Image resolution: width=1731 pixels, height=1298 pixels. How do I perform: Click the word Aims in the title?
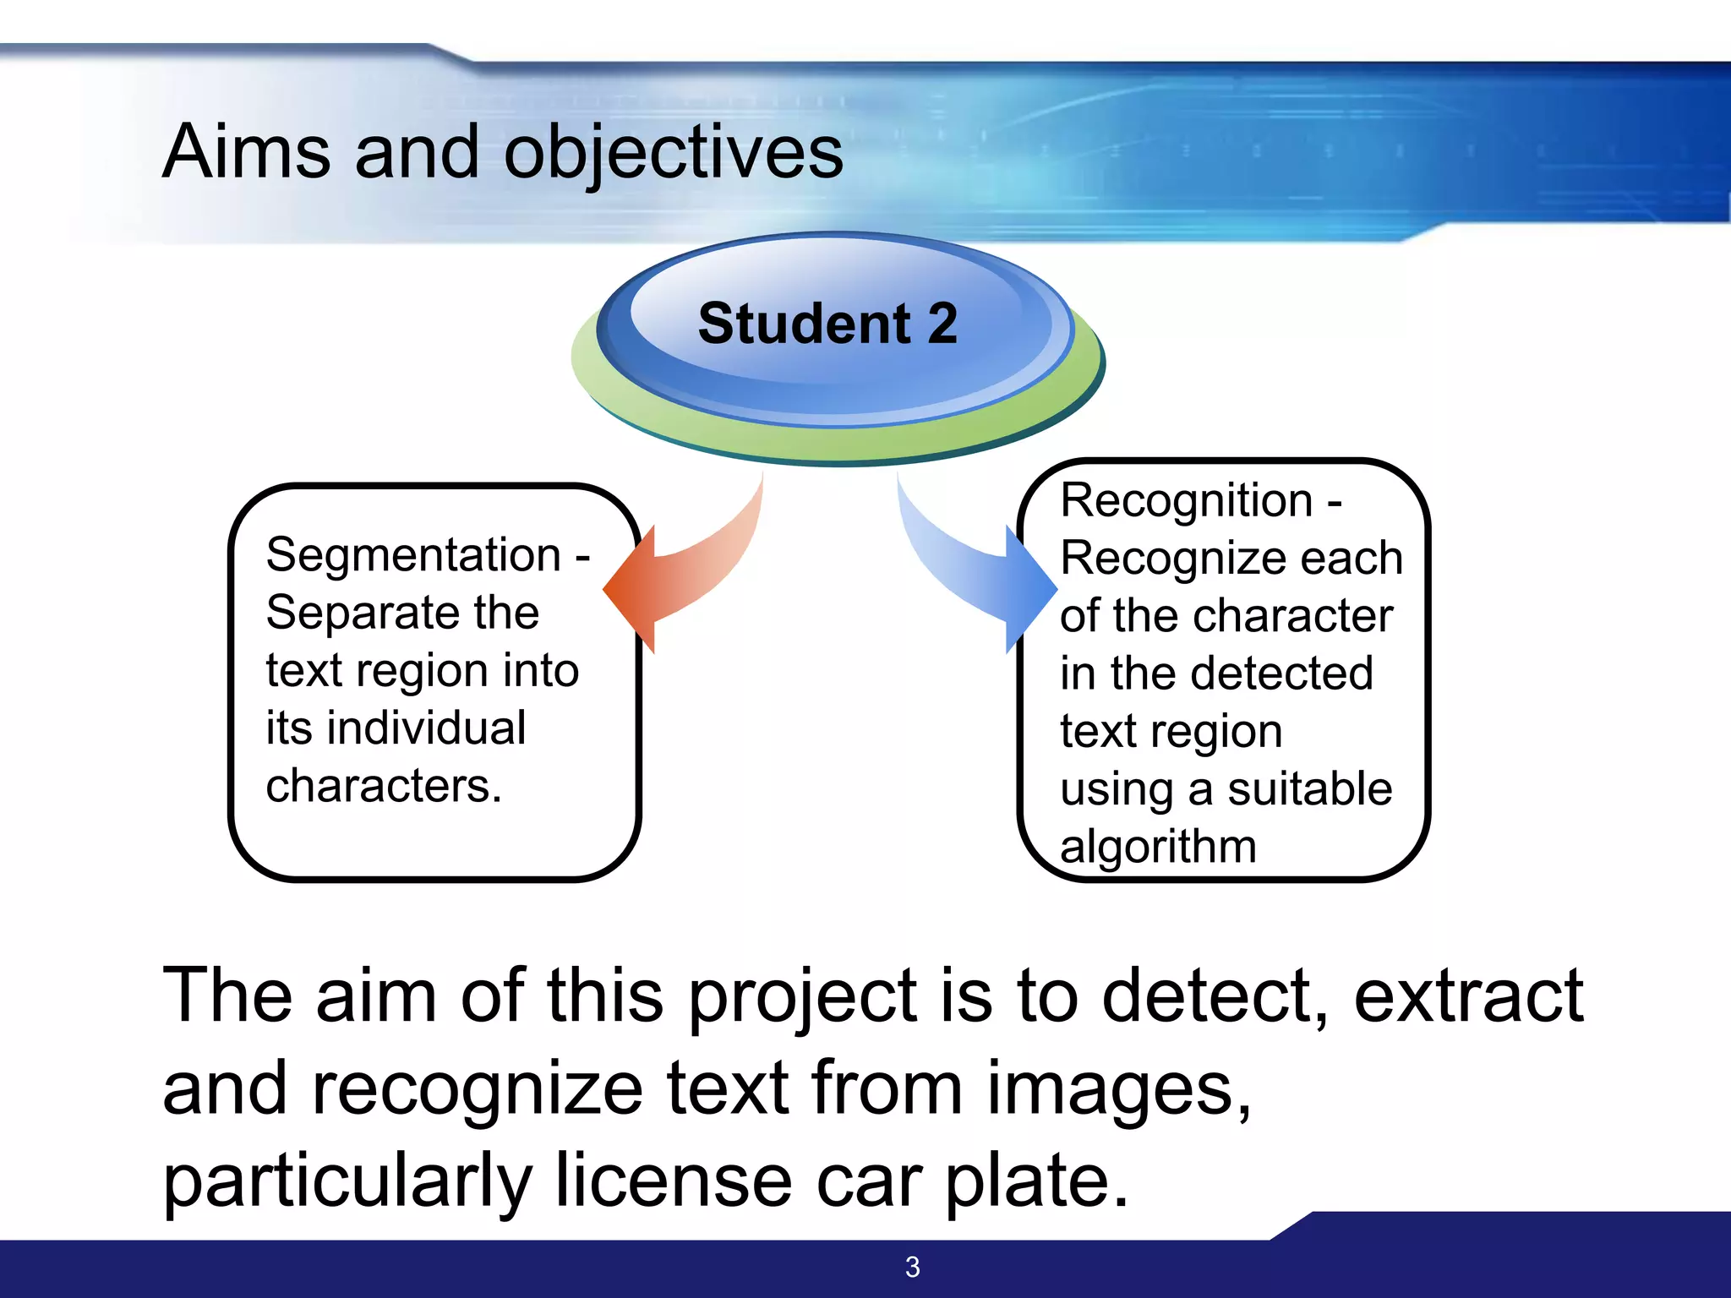pyautogui.click(x=246, y=152)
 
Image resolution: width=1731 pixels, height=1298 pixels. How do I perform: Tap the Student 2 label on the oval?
pyautogui.click(x=827, y=324)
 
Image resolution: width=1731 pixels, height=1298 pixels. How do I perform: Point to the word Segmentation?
pyautogui.click(x=413, y=555)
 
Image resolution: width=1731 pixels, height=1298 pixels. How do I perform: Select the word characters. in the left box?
pyautogui.click(x=384, y=786)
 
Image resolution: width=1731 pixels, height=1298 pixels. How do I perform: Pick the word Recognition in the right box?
pyautogui.click(x=1186, y=500)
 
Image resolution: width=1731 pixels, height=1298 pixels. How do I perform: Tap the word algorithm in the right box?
pyautogui.click(x=1158, y=847)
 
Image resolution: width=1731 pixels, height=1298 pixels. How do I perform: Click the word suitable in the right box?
pyautogui.click(x=1309, y=789)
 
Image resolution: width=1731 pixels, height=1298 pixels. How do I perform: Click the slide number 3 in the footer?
pyautogui.click(x=912, y=1267)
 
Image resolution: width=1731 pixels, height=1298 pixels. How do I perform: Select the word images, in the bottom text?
pyautogui.click(x=1118, y=1089)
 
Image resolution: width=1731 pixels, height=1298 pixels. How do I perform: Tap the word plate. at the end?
pyautogui.click(x=1036, y=1183)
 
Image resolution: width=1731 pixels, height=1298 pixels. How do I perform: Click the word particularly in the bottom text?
pyautogui.click(x=347, y=1183)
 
